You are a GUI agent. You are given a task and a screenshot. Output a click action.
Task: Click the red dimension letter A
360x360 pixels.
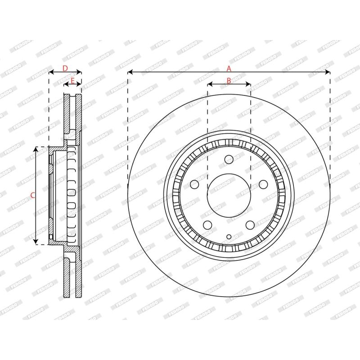click(x=229, y=68)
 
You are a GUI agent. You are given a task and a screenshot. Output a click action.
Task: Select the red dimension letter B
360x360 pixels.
click(x=229, y=81)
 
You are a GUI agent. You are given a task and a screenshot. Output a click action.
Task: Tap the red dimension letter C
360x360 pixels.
click(x=33, y=195)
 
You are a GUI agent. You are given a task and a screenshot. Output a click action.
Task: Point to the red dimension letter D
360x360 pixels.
click(x=65, y=68)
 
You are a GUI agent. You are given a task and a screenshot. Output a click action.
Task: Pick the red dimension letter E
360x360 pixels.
click(x=72, y=81)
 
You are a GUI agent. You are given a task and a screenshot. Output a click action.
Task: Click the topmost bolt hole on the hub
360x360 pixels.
click(x=229, y=159)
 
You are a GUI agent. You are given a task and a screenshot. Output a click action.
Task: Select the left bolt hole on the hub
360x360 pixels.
click(x=194, y=184)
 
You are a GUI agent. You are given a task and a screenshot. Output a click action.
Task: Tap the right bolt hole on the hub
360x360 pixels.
click(x=263, y=184)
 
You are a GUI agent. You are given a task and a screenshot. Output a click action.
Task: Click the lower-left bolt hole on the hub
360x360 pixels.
click(x=208, y=225)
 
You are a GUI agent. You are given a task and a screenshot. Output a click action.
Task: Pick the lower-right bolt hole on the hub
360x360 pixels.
click(x=250, y=225)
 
